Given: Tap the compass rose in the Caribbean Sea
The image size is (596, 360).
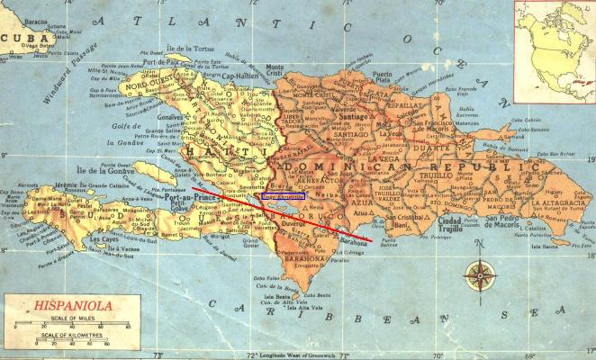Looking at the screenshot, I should [480, 273].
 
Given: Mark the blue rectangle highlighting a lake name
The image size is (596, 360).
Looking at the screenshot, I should [282, 195].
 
